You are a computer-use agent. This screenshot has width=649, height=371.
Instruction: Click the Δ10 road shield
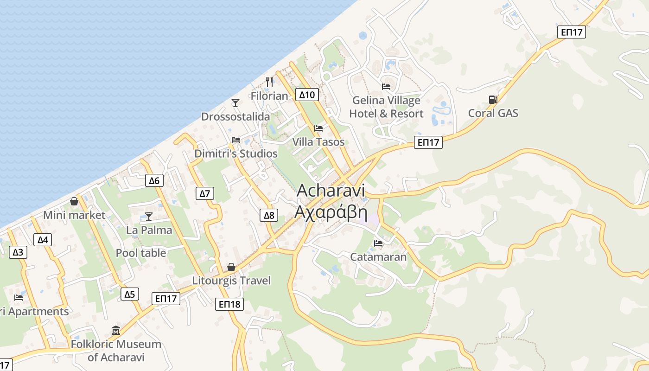coord(307,95)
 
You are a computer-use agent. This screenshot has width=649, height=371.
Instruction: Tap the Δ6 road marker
coord(154,180)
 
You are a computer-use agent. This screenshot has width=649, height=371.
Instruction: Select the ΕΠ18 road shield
coord(229,304)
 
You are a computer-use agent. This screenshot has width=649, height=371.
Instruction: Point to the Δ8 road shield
coord(269,215)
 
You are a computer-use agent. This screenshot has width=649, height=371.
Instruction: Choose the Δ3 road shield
coord(18,252)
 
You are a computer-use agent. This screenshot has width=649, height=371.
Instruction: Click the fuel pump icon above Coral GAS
coord(493,99)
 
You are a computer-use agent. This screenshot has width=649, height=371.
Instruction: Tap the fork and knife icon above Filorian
coord(269,82)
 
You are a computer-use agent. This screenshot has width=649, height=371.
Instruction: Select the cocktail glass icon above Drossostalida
coord(235,103)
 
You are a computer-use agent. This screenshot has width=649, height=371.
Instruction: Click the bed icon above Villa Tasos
coord(318,128)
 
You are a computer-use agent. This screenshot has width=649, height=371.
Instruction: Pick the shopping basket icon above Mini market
coord(74,201)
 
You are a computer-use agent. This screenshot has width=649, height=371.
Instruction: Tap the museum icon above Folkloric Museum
coord(116,330)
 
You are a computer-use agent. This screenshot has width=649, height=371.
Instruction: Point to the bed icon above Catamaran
coord(378,243)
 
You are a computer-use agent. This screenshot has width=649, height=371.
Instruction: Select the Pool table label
coord(141,253)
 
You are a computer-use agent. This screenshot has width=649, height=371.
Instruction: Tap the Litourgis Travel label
coord(231,281)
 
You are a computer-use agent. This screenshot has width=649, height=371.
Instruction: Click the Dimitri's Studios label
coord(236,154)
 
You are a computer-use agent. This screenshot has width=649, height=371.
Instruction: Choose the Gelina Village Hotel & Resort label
coord(386,107)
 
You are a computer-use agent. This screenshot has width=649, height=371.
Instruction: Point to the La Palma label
coord(149,230)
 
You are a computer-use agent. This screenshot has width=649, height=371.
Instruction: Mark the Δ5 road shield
coord(129,294)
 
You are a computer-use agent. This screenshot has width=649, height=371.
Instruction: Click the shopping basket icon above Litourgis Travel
coord(231,267)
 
